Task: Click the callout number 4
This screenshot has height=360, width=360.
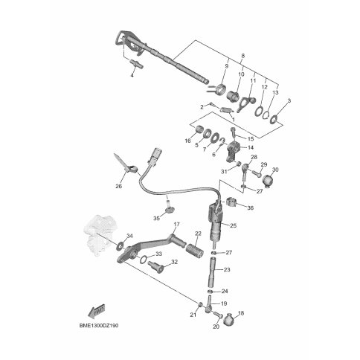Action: tap(132, 75)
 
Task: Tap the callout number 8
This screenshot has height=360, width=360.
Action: tap(242, 56)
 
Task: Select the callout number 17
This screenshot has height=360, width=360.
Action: tap(176, 225)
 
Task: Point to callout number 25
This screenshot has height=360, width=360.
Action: tap(234, 225)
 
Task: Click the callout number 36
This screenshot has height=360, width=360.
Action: tap(251, 208)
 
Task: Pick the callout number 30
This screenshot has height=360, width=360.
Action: tap(275, 170)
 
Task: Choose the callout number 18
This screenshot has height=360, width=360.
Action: tap(241, 313)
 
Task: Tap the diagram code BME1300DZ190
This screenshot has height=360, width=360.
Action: tap(99, 326)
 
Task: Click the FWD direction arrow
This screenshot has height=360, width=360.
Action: tap(97, 311)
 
